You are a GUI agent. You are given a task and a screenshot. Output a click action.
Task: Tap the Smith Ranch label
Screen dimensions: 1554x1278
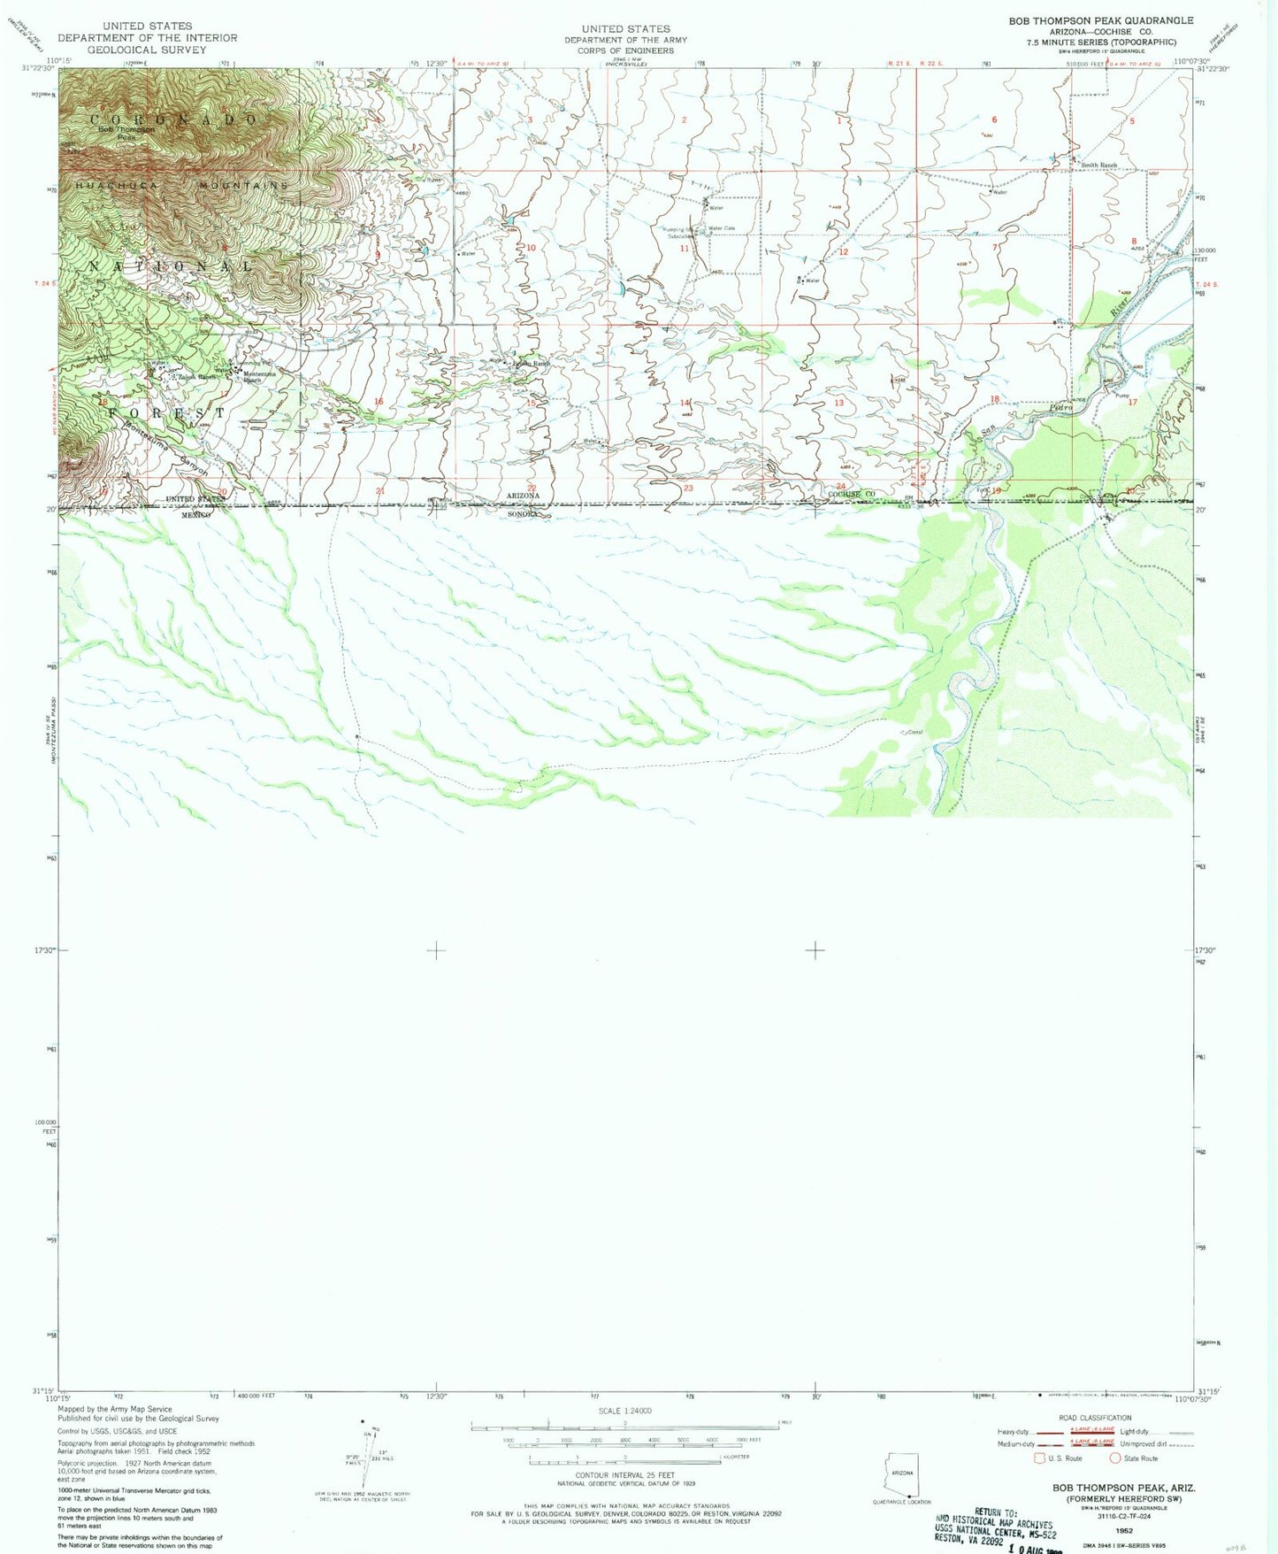click(x=1098, y=165)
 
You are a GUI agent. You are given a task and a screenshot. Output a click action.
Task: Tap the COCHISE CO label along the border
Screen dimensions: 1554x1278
click(x=851, y=494)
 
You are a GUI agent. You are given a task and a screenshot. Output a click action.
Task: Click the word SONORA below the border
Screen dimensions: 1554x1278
click(x=523, y=513)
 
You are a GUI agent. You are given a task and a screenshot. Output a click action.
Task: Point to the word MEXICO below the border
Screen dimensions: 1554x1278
click(x=195, y=513)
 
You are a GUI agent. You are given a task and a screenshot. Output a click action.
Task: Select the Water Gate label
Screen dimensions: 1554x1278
click(x=722, y=228)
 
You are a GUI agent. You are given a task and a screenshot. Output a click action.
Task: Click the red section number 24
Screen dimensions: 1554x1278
click(x=840, y=486)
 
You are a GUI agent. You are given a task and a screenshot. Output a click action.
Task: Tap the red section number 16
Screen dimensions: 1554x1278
click(x=379, y=402)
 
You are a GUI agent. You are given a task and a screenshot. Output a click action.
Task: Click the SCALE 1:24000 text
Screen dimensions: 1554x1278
click(x=624, y=1411)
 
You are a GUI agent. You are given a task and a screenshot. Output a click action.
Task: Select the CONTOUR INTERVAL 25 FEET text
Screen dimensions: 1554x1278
click(x=624, y=1475)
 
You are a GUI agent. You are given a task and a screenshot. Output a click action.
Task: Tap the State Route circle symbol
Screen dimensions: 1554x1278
click(x=1115, y=1458)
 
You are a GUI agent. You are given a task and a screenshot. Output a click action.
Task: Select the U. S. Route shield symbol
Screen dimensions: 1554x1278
click(x=1039, y=1458)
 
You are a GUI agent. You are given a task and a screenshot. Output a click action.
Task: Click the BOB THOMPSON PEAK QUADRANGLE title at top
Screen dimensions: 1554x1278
click(x=1100, y=20)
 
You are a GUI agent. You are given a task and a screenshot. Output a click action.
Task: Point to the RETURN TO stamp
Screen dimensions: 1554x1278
click(x=994, y=1512)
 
